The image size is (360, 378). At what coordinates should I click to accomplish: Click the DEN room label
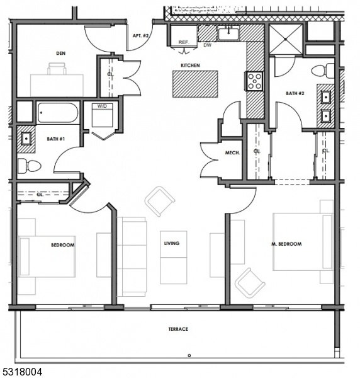pos(60,53)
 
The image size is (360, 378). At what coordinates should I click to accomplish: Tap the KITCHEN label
pos(190,66)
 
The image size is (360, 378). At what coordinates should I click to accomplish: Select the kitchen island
pos(195,84)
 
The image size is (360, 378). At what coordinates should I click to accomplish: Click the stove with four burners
pos(255,81)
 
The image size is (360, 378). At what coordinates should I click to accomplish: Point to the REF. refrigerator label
pos(184,42)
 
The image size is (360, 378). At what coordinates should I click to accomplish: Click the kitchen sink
pos(228,33)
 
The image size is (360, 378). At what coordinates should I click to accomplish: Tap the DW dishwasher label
pos(207,45)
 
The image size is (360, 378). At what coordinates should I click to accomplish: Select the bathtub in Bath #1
pos(57,113)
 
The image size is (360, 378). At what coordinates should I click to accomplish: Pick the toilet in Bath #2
pos(323,71)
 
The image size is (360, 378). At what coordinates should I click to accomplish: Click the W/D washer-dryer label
pos(102,106)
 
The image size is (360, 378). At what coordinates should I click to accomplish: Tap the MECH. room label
pos(232,152)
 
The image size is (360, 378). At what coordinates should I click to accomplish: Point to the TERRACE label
pos(178,329)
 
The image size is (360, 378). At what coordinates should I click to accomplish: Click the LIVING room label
pos(172,243)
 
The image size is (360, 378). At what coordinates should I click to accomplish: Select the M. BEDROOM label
pos(286,244)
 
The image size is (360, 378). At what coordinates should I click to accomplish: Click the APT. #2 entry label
pos(141,36)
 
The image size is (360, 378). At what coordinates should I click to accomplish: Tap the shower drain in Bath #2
pos(286,38)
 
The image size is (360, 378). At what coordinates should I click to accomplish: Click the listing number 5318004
pos(21,372)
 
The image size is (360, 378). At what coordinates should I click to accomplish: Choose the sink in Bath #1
pos(26,139)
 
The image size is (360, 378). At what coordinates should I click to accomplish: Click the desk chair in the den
pos(57,69)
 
